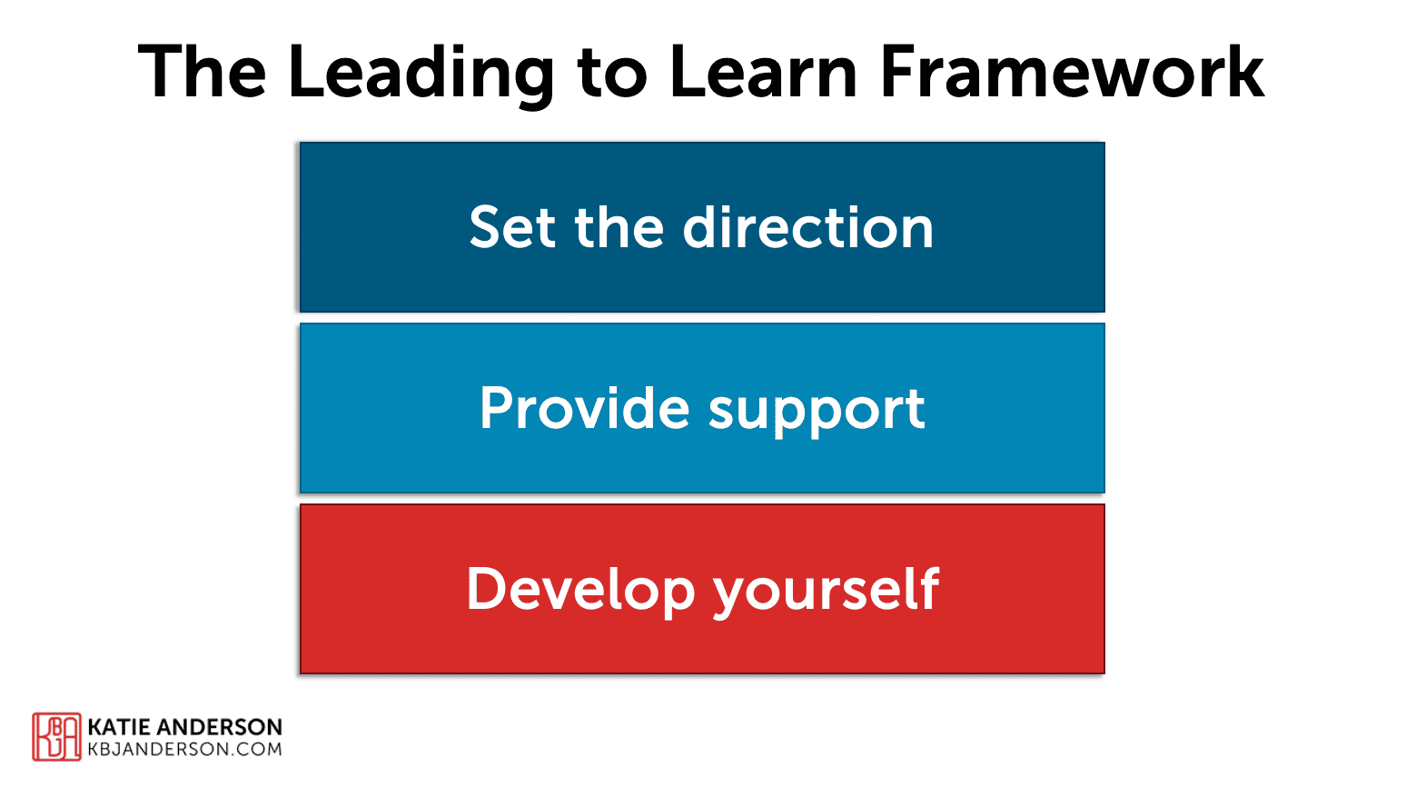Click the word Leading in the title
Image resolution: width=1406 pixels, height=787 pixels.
[421, 73]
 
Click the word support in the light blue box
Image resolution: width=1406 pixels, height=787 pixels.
[817, 411]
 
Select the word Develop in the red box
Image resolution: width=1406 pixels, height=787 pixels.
[580, 591]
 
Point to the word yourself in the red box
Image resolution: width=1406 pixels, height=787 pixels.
[826, 591]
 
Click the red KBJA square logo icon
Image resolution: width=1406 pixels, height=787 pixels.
[56, 736]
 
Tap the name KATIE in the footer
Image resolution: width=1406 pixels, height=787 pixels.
[120, 727]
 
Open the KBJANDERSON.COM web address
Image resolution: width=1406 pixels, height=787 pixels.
[184, 750]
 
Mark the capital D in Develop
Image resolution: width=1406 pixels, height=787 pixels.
[486, 588]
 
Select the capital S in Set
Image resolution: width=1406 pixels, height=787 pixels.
[487, 227]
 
